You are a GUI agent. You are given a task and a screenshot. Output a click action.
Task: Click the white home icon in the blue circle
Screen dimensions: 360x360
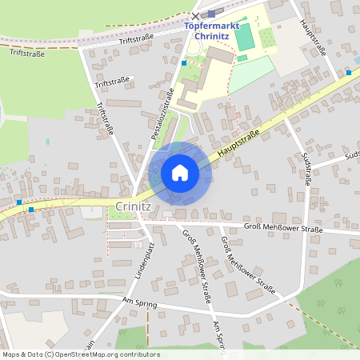click(x=180, y=173)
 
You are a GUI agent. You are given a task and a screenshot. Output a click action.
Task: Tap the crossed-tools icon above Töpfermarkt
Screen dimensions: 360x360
click(x=196, y=16)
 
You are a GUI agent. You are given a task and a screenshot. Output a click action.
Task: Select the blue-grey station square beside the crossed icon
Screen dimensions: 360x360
click(x=211, y=14)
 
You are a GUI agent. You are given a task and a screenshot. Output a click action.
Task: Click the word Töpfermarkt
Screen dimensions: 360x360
click(x=212, y=26)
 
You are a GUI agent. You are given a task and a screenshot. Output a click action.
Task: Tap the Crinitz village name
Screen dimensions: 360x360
click(x=133, y=206)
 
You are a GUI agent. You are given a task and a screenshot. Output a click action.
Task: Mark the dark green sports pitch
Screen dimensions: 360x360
click(x=244, y=35)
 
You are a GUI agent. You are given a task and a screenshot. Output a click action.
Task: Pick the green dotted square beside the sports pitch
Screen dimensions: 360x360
click(x=267, y=37)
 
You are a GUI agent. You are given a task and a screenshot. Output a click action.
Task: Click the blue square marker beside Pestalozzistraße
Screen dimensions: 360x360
click(x=184, y=62)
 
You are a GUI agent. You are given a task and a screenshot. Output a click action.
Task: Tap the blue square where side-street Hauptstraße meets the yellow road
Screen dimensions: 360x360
click(x=349, y=73)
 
